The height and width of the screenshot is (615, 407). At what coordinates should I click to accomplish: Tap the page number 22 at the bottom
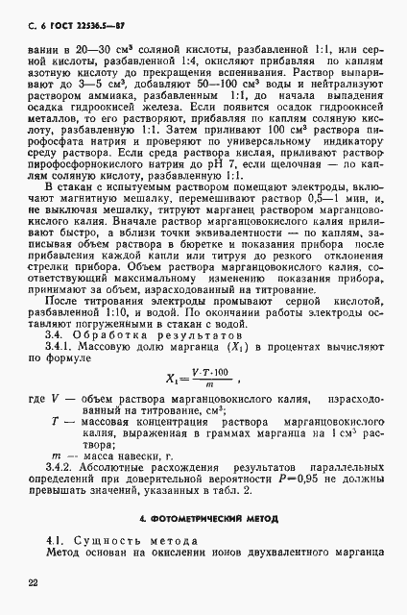[x=33, y=581]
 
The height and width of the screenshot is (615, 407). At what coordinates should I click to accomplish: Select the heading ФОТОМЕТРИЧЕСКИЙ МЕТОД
[x=207, y=518]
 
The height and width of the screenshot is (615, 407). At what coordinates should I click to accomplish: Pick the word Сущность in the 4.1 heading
[x=107, y=540]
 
